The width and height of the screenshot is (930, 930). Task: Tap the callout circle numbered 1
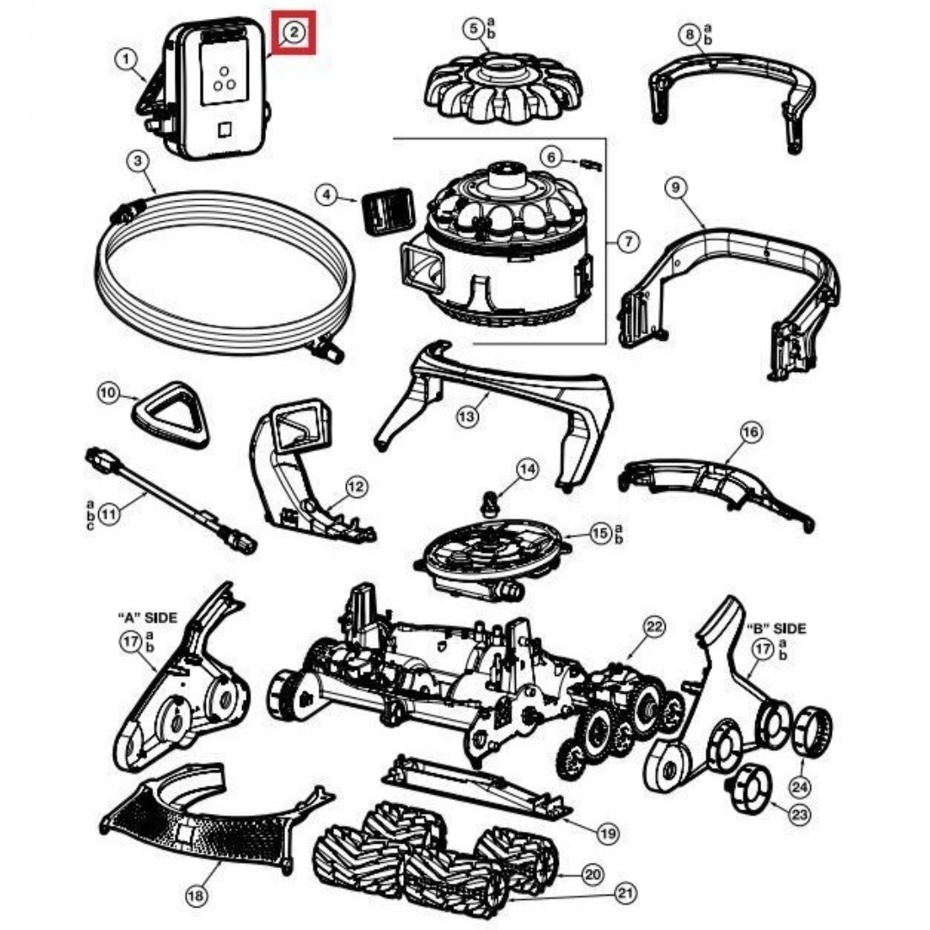[126, 59]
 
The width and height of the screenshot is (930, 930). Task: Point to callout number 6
[552, 157]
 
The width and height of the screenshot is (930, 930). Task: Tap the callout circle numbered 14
[527, 469]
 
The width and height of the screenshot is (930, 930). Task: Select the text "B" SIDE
[776, 628]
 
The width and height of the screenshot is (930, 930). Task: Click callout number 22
[654, 627]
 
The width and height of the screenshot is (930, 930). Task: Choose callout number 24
[800, 785]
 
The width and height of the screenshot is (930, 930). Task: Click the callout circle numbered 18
[196, 896]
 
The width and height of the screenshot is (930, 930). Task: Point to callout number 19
[608, 833]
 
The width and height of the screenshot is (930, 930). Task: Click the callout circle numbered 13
[466, 417]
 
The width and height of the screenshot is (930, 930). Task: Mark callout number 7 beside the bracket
[629, 242]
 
